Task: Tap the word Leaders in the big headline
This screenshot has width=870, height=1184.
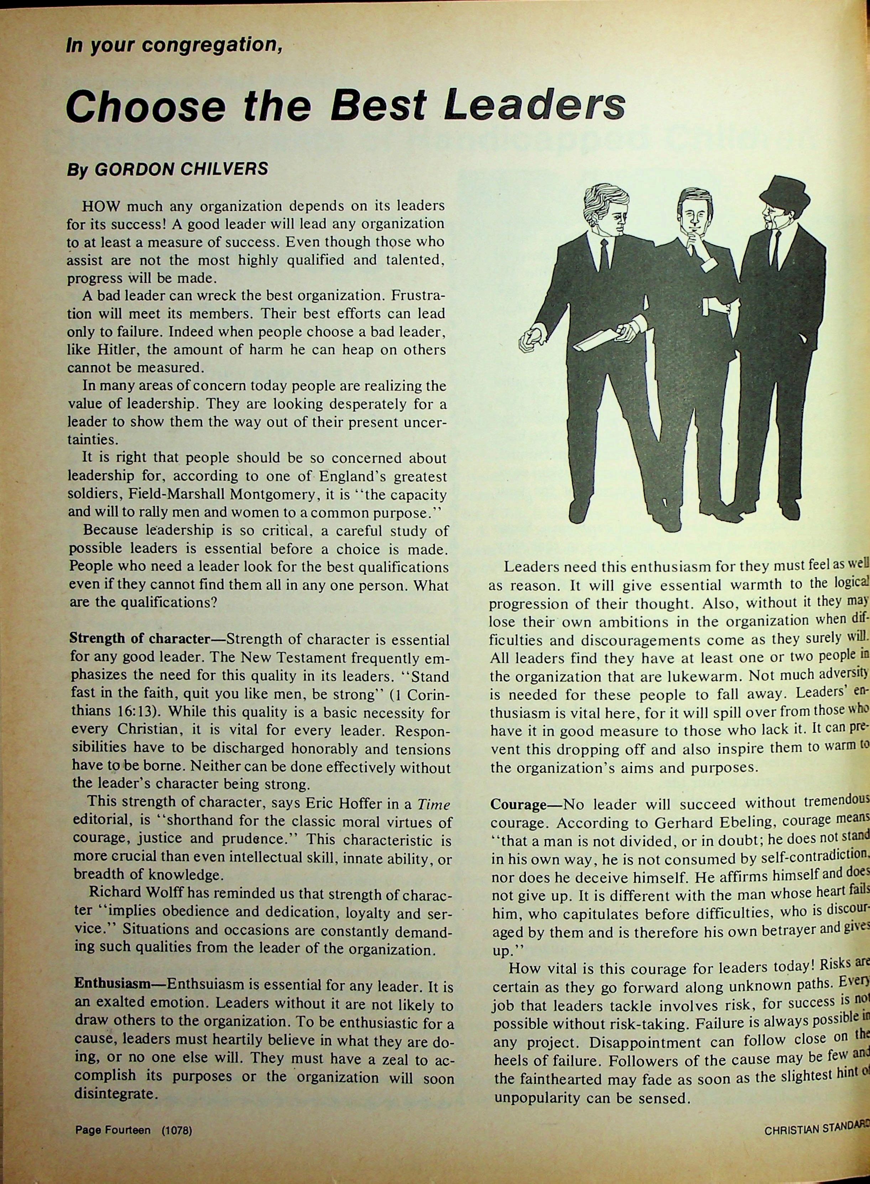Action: coord(534,105)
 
